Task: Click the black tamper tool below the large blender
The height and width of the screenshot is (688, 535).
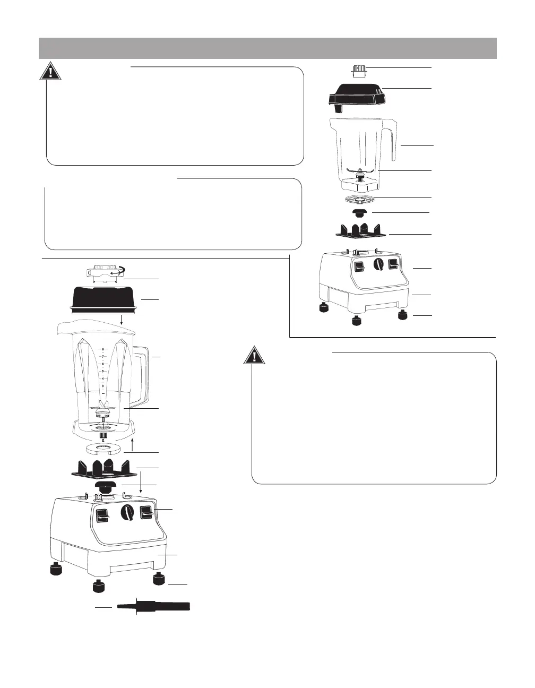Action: [x=154, y=606]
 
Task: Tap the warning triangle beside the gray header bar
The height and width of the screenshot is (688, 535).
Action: [x=50, y=71]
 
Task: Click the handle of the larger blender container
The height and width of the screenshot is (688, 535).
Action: [x=142, y=372]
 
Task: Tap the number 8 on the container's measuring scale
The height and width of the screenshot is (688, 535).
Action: [x=102, y=349]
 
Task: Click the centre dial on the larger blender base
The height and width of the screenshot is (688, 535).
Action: [x=128, y=513]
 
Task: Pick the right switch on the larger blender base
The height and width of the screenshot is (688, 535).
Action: [x=146, y=512]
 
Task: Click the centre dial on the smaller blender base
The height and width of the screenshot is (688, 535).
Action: [x=378, y=265]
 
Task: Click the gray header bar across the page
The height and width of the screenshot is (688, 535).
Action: [x=267, y=48]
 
